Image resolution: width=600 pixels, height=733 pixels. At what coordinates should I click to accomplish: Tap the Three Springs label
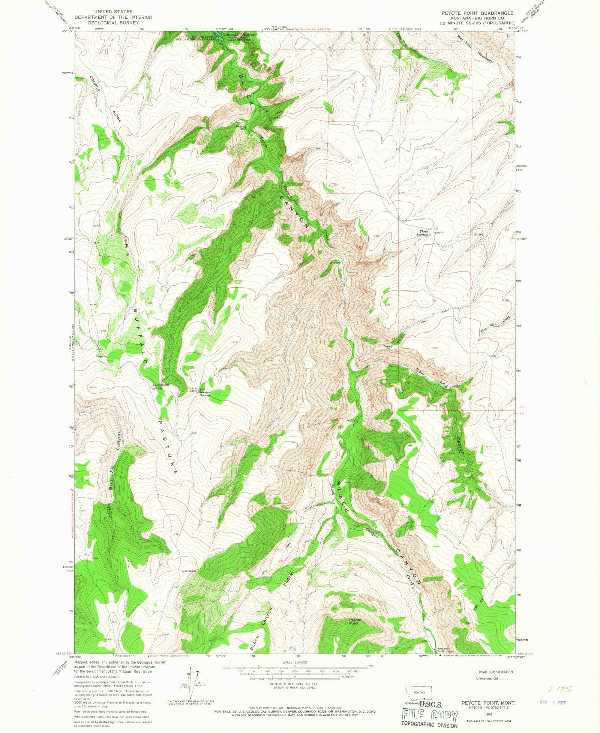(x=424, y=233)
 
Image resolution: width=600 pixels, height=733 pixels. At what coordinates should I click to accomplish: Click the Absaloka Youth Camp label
(x=443, y=661)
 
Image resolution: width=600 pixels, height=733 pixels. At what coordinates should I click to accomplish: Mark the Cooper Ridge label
(x=105, y=99)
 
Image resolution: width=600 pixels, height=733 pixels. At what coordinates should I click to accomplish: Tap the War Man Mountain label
(x=474, y=49)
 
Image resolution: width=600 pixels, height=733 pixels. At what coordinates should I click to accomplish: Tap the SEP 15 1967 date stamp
(x=552, y=703)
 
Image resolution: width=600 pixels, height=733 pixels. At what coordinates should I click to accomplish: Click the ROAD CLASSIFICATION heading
(x=494, y=672)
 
